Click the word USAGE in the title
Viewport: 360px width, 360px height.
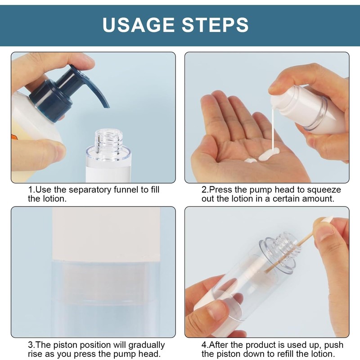click(138, 25)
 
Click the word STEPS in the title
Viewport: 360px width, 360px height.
click(215, 25)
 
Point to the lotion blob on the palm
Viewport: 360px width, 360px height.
click(269, 154)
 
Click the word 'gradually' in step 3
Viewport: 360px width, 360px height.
click(147, 346)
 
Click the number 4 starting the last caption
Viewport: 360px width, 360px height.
click(204, 345)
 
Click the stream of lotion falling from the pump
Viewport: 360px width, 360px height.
click(273, 129)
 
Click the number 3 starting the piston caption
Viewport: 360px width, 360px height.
click(30, 345)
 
